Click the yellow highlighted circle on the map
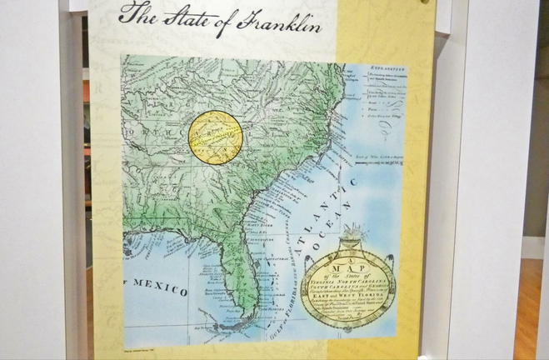pos(215,136)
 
